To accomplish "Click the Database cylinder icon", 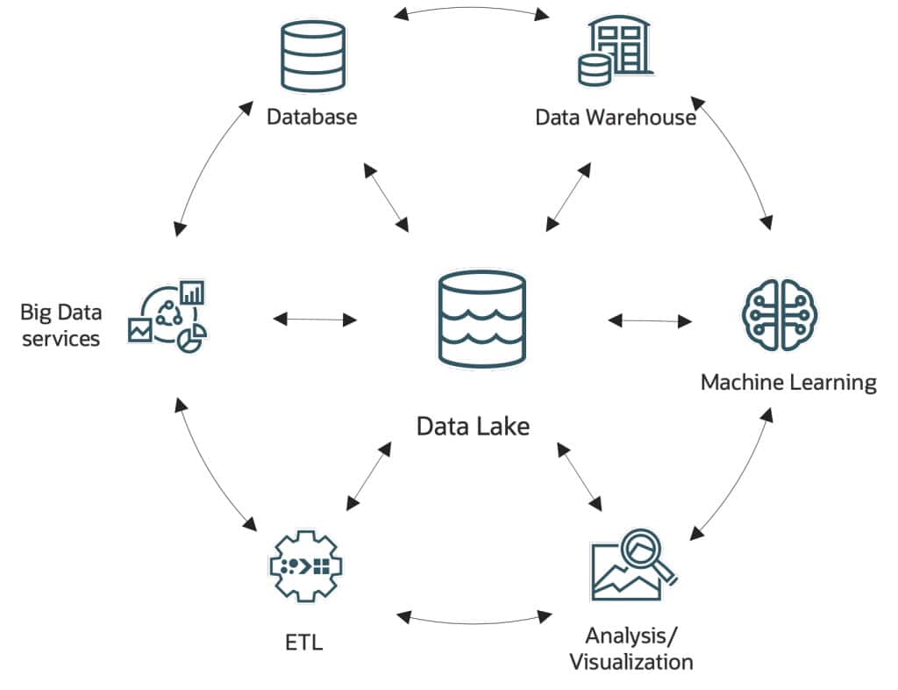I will [313, 55].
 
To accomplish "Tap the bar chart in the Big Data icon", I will [191, 291].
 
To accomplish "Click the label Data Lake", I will [473, 427].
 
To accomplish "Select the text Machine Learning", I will [788, 383].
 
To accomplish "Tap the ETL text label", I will [303, 642].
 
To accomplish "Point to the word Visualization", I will [631, 661].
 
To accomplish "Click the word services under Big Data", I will [61, 339].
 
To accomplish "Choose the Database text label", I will [312, 116].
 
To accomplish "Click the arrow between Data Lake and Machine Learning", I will [650, 320].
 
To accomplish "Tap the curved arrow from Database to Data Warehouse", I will [471, 10].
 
